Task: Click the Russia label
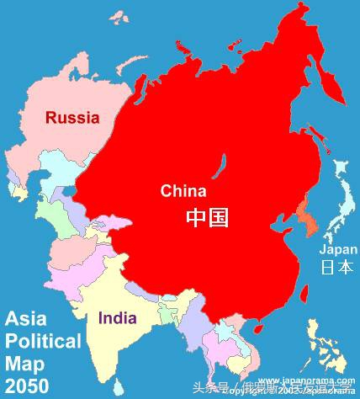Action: point(72,118)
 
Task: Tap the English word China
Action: point(183,191)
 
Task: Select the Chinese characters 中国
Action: point(207,218)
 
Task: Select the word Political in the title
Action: point(44,341)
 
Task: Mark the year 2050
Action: point(26,386)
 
